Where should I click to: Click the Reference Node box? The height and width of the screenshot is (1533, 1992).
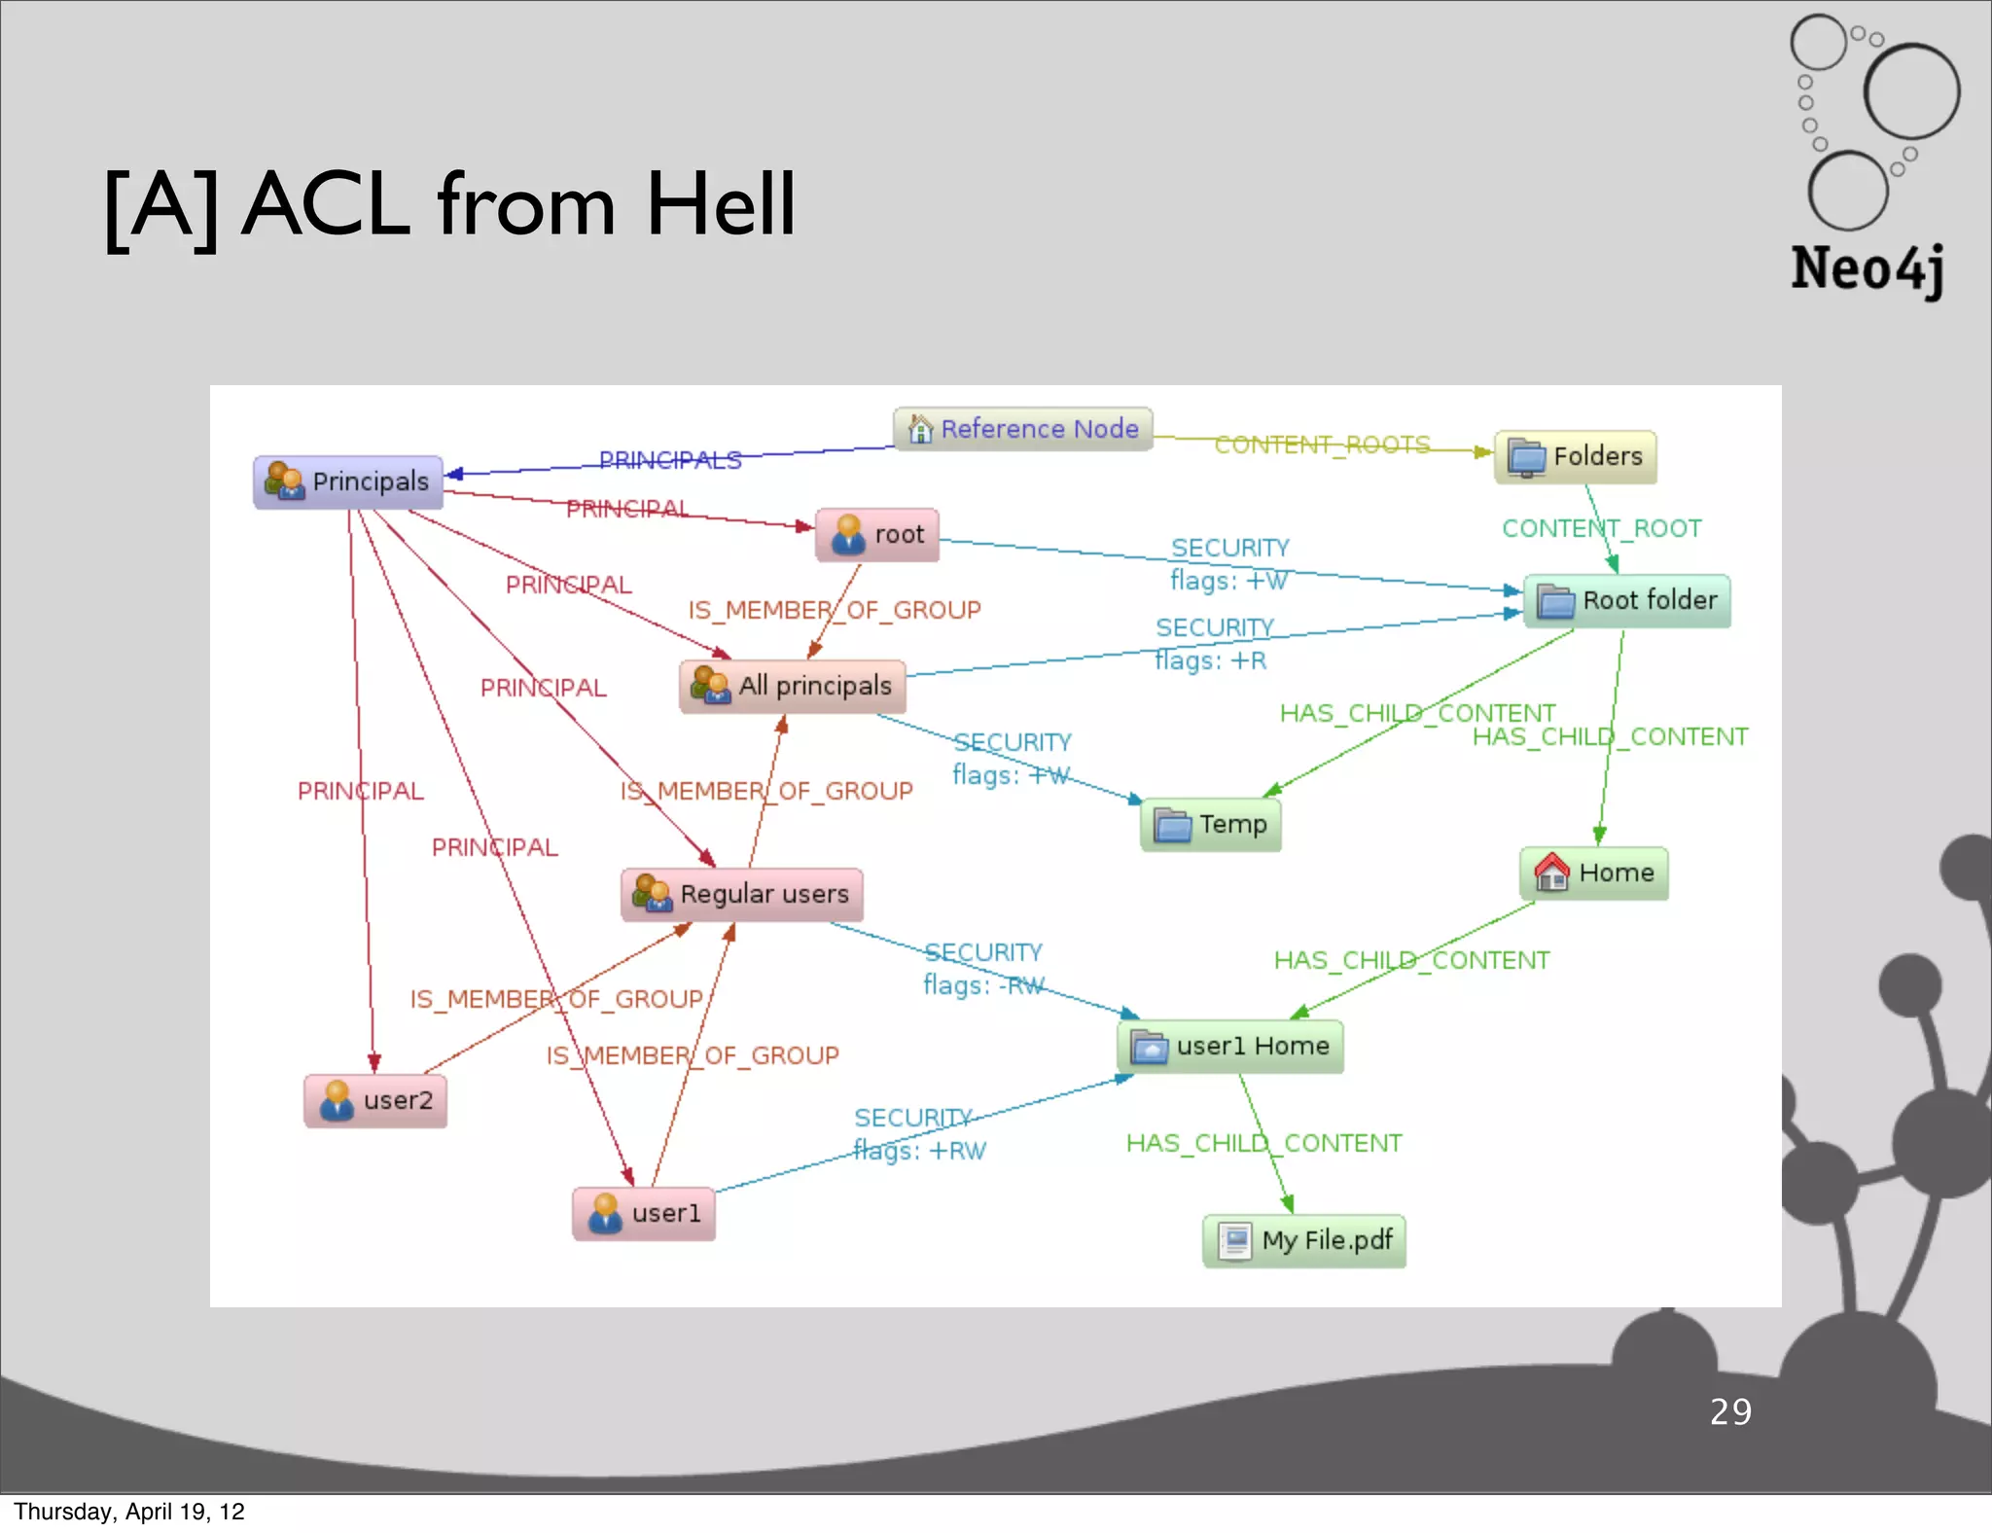[x=1023, y=429]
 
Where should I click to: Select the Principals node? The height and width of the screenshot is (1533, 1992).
[x=348, y=481]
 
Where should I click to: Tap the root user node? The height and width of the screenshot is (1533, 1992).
[x=877, y=534]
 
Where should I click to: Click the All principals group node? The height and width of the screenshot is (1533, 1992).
[x=793, y=686]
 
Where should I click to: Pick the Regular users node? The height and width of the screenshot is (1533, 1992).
[x=742, y=894]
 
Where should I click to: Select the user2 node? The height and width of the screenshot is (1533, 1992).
[x=376, y=1100]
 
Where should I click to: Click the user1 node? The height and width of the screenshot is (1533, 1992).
[x=644, y=1213]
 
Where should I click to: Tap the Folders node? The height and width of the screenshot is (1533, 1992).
[x=1576, y=456]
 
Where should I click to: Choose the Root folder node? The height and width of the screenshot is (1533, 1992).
[x=1627, y=600]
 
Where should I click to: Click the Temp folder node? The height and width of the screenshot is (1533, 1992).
[x=1211, y=825]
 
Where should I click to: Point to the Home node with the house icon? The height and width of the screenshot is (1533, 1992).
[x=1594, y=873]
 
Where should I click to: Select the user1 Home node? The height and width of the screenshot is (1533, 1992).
[x=1230, y=1047]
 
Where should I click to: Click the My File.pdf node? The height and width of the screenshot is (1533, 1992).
[x=1304, y=1240]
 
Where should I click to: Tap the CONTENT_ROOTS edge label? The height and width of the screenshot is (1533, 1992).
[x=1322, y=445]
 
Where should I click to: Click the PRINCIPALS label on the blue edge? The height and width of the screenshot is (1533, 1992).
[x=670, y=459]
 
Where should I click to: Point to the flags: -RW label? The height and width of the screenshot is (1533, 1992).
[x=983, y=985]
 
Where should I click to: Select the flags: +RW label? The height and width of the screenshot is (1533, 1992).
[x=920, y=1151]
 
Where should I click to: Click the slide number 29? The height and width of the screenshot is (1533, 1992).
[x=1730, y=1411]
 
